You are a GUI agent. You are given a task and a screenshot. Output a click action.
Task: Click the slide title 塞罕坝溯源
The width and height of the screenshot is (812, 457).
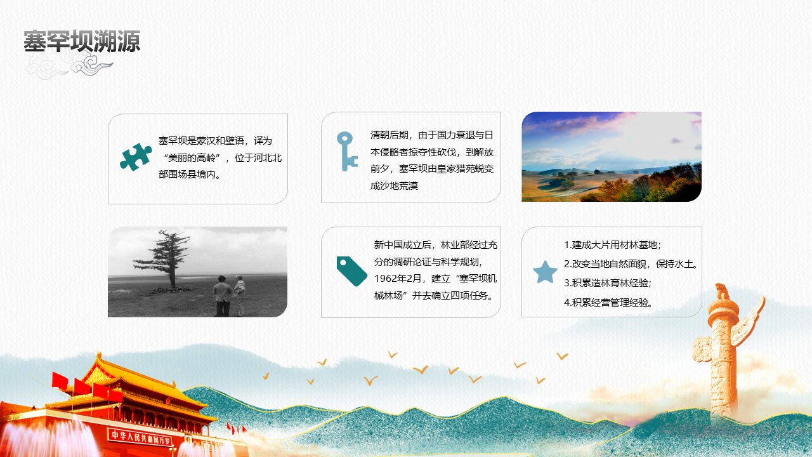point(82,42)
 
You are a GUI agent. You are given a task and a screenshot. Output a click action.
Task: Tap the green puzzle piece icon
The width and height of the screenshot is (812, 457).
point(136,157)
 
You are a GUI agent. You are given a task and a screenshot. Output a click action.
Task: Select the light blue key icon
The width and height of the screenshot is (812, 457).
point(346,150)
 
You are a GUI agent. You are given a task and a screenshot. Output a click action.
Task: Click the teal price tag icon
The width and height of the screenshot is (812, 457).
point(351,271)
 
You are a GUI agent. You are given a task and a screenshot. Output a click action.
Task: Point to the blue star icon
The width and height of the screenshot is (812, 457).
point(545,272)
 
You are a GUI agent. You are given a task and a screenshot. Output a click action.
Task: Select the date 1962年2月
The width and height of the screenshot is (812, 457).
point(399,278)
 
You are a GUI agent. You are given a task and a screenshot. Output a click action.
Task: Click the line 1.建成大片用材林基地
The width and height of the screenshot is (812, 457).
point(612,245)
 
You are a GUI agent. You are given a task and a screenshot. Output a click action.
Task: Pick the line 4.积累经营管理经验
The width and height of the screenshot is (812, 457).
point(608,302)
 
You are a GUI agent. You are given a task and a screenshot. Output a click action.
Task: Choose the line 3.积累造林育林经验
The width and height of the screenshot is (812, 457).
point(608,283)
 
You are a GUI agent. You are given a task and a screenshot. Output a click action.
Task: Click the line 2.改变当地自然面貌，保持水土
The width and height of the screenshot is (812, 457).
point(631,264)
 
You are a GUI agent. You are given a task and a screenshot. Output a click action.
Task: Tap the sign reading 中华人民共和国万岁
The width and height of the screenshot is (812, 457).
point(140,435)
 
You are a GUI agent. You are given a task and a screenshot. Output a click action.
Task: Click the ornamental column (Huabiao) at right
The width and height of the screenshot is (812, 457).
point(723,349)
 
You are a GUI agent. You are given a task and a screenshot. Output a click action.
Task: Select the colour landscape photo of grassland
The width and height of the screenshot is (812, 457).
point(611,157)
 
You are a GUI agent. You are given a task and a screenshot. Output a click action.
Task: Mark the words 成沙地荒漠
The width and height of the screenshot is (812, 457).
point(394,185)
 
